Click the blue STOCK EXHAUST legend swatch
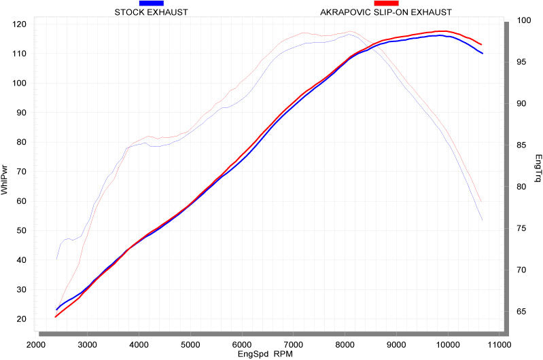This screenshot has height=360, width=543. pyautogui.click(x=151, y=3)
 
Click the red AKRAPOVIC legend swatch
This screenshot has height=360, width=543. pyautogui.click(x=386, y=3)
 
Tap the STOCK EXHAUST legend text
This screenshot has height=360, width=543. pyautogui.click(x=151, y=12)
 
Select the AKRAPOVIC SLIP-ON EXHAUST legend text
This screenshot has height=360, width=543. pyautogui.click(x=386, y=12)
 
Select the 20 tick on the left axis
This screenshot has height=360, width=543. pyautogui.click(x=20, y=319)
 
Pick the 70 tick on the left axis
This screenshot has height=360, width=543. pyautogui.click(x=20, y=171)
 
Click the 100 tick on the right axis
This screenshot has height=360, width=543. pyautogui.click(x=522, y=20)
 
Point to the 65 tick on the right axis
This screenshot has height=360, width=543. pyautogui.click(x=522, y=312)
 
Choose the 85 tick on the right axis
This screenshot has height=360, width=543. pyautogui.click(x=522, y=145)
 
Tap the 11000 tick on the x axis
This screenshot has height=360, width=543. pyautogui.click(x=499, y=344)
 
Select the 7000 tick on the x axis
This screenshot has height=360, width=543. pyautogui.click(x=293, y=344)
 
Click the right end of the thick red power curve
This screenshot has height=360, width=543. pyautogui.click(x=481, y=45)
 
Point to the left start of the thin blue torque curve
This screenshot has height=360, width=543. pyautogui.click(x=56, y=259)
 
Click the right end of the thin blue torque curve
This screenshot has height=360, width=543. pyautogui.click(x=482, y=219)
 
